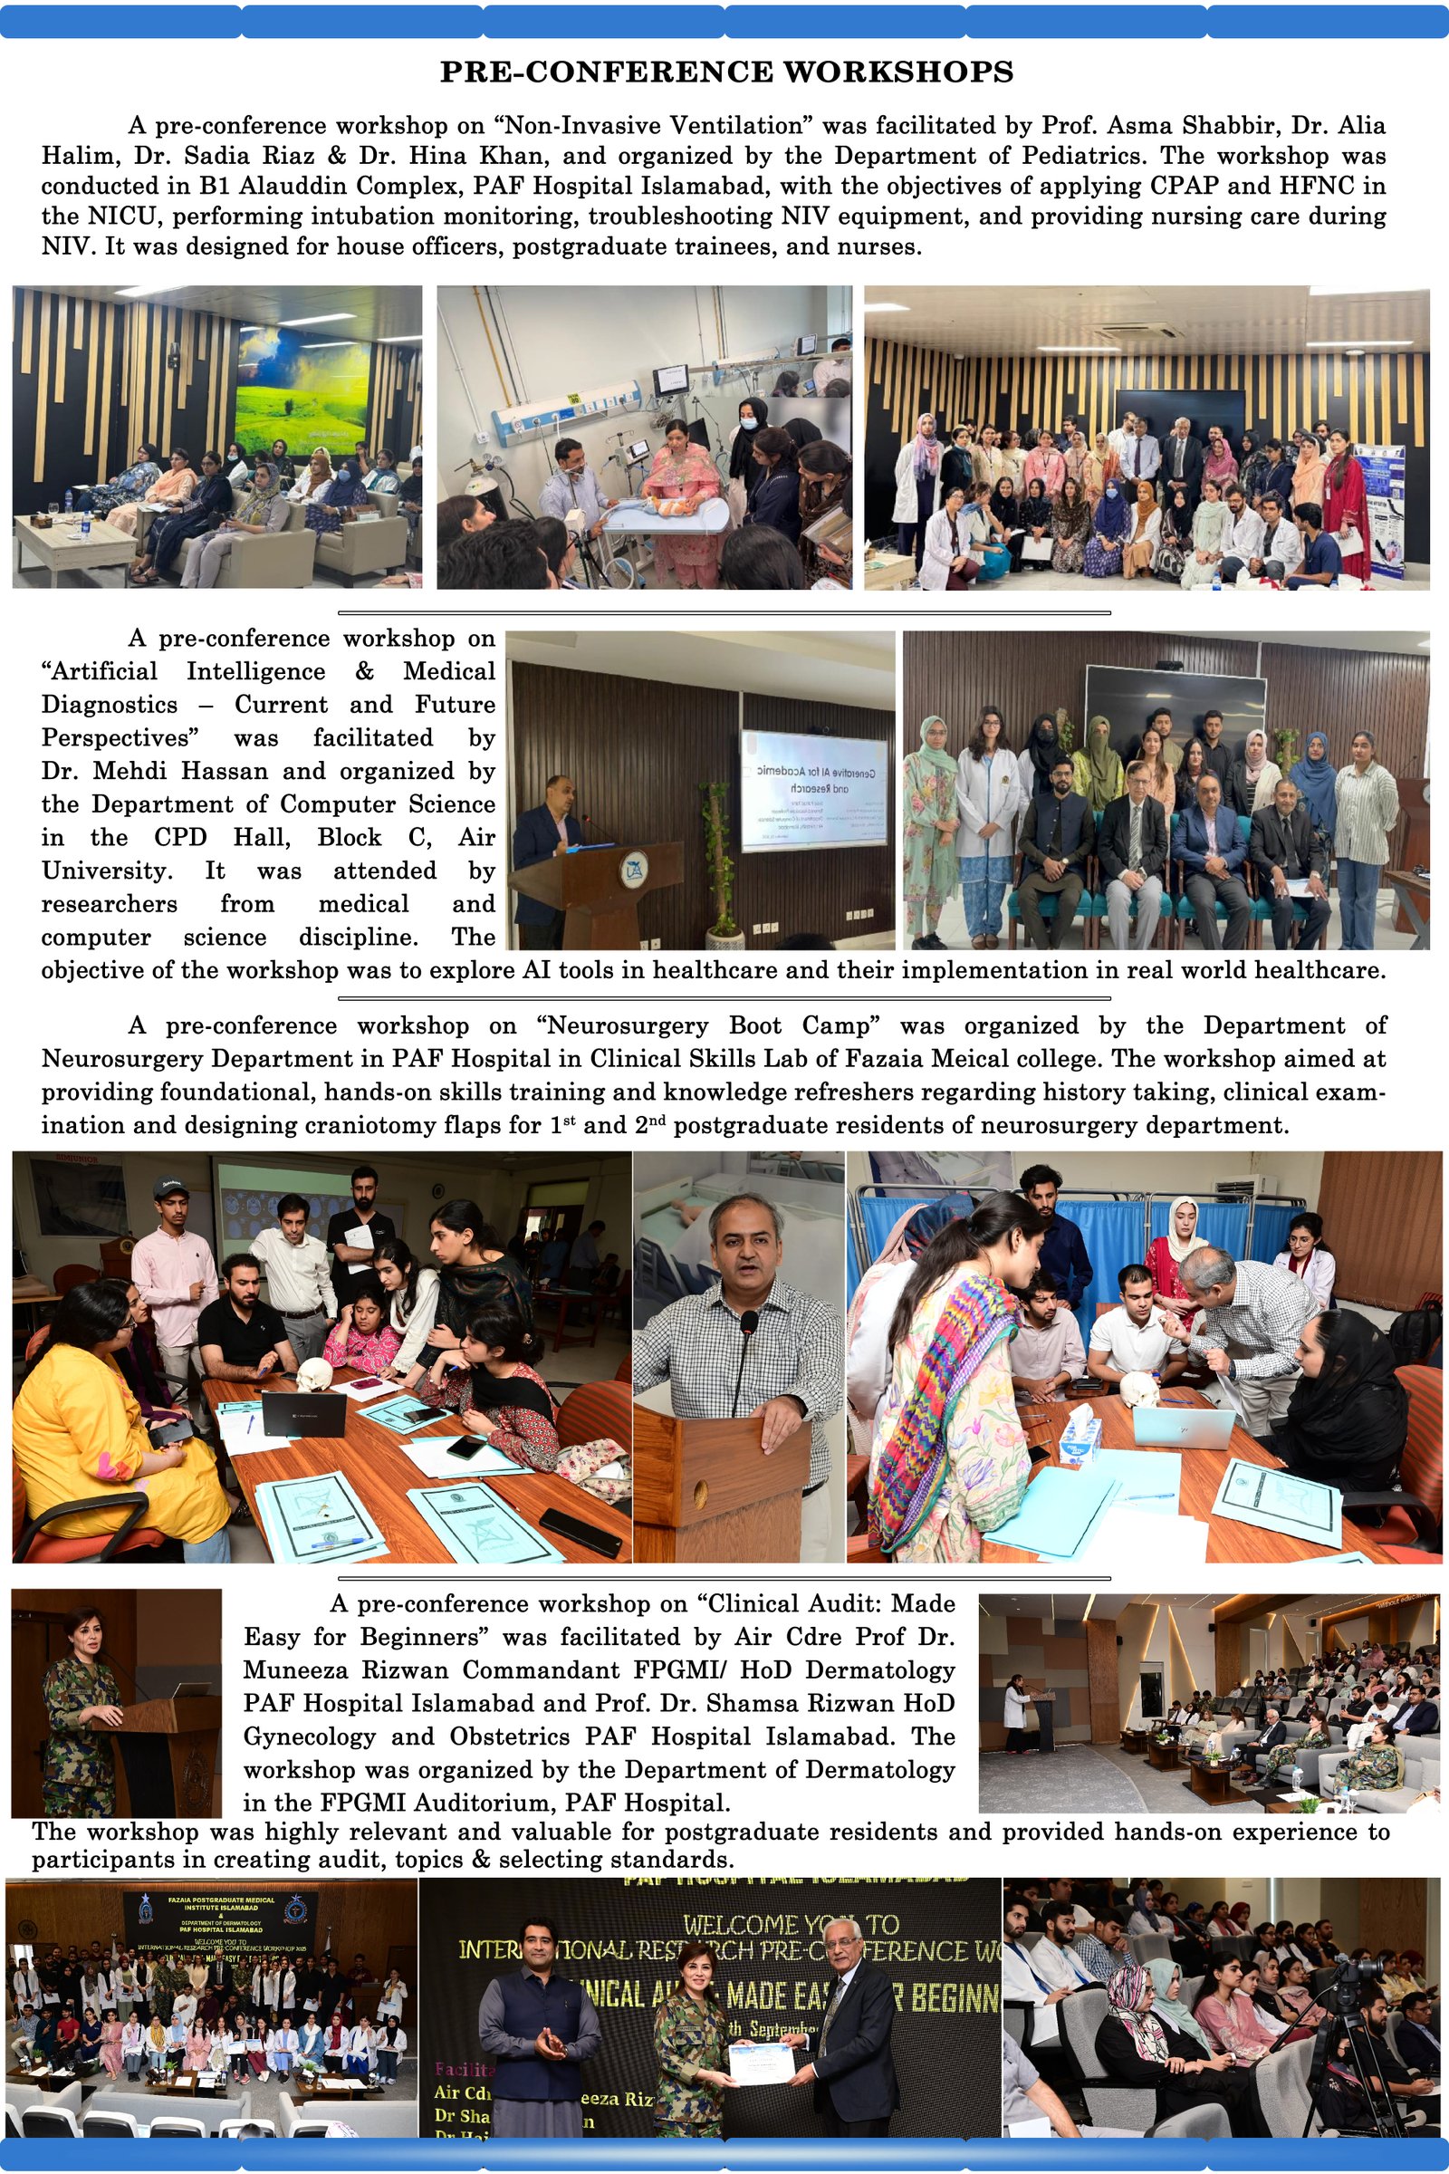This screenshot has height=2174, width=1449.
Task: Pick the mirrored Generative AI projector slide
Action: click(x=814, y=790)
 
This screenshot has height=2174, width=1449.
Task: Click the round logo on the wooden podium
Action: click(x=633, y=870)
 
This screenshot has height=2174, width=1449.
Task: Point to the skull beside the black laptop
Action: click(x=312, y=1376)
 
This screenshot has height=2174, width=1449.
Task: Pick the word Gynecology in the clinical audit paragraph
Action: click(x=309, y=1736)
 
